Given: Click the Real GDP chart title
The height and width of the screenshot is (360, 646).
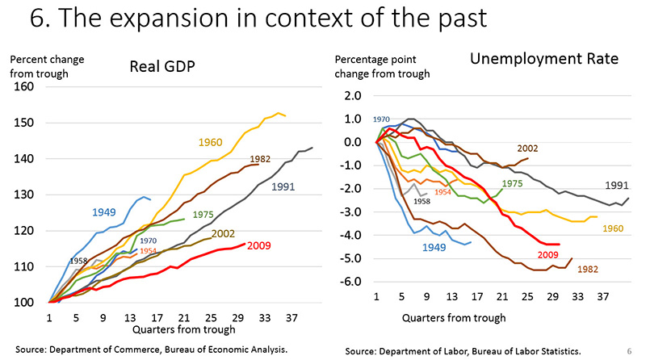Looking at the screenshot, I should pos(166,67).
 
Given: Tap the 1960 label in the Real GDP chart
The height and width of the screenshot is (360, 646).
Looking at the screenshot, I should pos(211,143).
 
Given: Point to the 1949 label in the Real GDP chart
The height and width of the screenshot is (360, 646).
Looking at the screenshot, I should pos(103,212).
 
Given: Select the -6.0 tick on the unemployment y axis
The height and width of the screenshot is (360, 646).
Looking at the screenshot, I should pos(351,282).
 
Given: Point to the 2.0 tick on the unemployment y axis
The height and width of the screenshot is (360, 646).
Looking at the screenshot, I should pos(354,95).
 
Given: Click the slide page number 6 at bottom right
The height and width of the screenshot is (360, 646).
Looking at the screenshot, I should pos(629,351).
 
